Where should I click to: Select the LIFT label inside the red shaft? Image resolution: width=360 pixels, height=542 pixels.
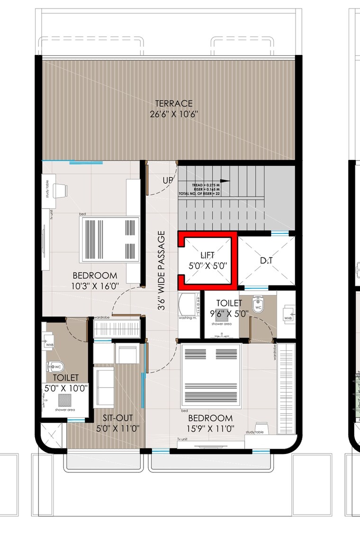(207, 256)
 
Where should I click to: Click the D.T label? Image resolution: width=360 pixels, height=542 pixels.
(266, 261)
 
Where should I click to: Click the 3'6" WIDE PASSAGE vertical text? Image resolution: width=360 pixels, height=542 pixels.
(162, 270)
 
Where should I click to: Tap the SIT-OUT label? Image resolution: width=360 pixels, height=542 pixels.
(117, 418)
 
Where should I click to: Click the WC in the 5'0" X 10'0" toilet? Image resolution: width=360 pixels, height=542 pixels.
(55, 367)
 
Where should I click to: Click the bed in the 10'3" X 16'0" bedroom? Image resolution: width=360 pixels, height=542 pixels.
(111, 239)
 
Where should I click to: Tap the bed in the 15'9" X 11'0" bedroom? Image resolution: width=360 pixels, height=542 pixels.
(211, 376)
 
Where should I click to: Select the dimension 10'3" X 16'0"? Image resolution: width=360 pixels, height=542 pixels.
(94, 286)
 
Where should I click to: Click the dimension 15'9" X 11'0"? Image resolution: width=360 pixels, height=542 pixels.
(210, 429)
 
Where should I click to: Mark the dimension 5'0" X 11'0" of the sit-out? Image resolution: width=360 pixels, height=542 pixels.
(117, 429)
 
